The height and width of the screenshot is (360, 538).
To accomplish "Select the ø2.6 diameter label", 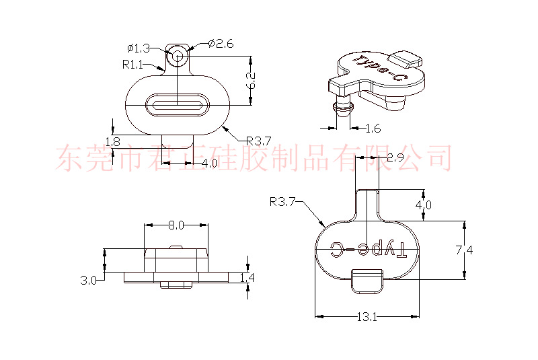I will tap(221, 44).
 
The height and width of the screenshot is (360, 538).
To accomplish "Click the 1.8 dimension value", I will tap(112, 141).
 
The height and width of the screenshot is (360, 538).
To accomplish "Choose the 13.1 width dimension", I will tap(368, 317).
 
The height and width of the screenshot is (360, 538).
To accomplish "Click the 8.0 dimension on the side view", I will tap(176, 225).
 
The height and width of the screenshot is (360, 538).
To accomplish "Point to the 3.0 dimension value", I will tap(88, 279).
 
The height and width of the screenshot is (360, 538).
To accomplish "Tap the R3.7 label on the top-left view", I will tap(258, 141).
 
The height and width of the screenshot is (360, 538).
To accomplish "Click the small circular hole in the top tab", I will tap(178, 56).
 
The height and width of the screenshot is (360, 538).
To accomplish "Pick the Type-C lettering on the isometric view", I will tap(381, 70).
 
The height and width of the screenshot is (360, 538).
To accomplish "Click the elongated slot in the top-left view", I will tap(178, 104).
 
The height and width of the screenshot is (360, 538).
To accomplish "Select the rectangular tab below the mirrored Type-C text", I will tap(367, 280).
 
